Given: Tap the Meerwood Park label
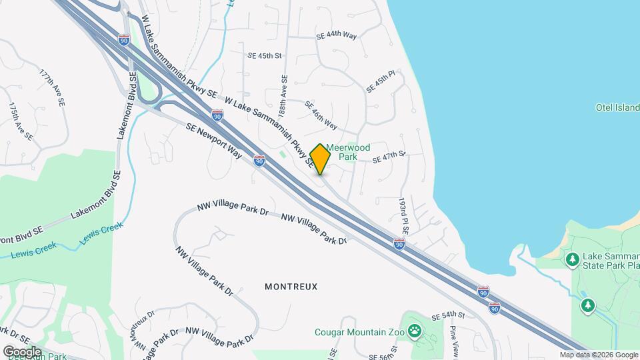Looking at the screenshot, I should (348, 152).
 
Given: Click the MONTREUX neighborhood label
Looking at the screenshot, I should (291, 287).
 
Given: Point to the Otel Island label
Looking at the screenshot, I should (617, 107).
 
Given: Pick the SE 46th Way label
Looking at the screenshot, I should (321, 115).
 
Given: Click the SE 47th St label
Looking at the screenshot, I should (389, 157).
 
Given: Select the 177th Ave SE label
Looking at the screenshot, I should (51, 88).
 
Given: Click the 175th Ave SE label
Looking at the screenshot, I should (20, 121).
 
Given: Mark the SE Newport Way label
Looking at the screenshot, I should (213, 139).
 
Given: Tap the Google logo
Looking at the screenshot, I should (21, 351).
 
